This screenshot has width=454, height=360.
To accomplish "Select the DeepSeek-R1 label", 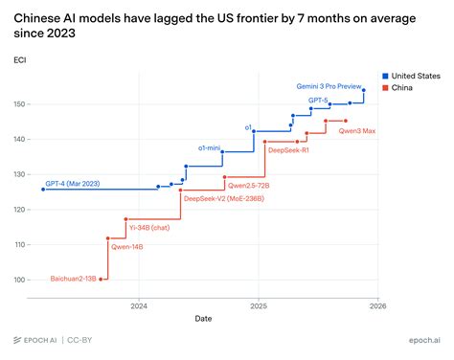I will click(288, 150).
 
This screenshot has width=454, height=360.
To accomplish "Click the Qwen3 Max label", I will click(357, 130).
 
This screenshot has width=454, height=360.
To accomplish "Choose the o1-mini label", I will click(210, 148).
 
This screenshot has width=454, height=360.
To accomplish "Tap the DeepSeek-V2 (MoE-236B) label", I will click(223, 198).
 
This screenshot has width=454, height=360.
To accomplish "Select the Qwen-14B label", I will click(127, 246).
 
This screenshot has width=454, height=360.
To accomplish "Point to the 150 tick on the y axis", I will click(20, 103).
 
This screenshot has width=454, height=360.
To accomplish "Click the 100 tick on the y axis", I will click(20, 280).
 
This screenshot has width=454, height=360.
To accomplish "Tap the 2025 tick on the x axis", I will click(258, 306).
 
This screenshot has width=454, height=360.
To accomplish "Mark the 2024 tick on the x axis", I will click(138, 306).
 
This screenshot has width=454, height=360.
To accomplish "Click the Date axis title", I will click(204, 319).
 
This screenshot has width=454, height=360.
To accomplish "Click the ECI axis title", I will click(20, 60).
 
